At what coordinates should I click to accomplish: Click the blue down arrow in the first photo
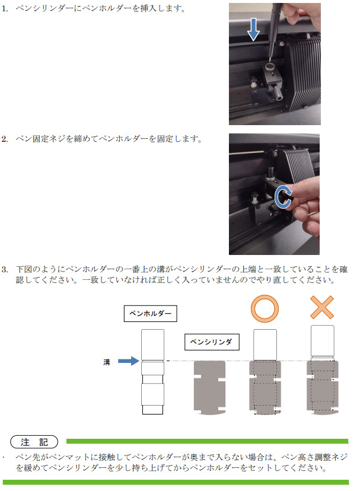(253, 29)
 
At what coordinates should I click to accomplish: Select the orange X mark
(322, 308)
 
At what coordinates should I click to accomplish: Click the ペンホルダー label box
(151, 314)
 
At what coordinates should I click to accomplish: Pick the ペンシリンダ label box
(212, 342)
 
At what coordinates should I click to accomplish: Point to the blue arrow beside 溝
(129, 361)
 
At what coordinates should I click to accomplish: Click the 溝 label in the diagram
(107, 362)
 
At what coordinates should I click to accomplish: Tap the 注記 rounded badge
(34, 442)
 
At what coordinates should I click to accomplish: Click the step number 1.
(4, 8)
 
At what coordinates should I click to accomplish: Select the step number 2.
(4, 139)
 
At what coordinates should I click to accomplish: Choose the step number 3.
(4, 269)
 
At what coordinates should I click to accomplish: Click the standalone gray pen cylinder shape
(209, 388)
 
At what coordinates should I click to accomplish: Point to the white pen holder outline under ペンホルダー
(152, 372)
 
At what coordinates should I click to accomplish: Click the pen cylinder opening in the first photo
(269, 66)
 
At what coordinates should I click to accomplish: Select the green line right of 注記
(207, 441)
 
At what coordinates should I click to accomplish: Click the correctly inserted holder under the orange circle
(265, 372)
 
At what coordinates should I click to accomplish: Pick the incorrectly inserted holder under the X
(323, 370)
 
